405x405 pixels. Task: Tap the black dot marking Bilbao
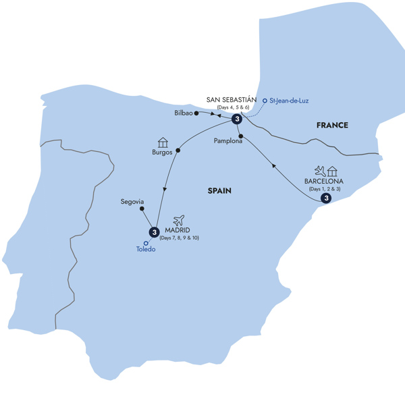tap(196, 113)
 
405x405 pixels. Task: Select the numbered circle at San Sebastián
tap(237, 119)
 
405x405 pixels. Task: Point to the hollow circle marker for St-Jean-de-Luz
tap(265, 101)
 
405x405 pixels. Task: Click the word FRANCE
tap(331, 125)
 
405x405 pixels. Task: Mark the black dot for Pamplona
tap(240, 136)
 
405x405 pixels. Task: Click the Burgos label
tap(163, 153)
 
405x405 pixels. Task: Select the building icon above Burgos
tap(162, 142)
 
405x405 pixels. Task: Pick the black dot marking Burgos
tap(178, 150)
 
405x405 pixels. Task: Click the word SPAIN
tap(219, 191)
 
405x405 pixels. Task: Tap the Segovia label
tap(132, 201)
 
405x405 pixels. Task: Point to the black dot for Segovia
tap(142, 209)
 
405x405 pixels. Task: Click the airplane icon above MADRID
tap(179, 220)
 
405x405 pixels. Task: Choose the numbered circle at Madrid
tap(155, 232)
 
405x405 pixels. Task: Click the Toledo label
tap(145, 249)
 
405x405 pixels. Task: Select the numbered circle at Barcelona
tap(327, 198)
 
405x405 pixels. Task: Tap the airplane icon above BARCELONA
tap(319, 169)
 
